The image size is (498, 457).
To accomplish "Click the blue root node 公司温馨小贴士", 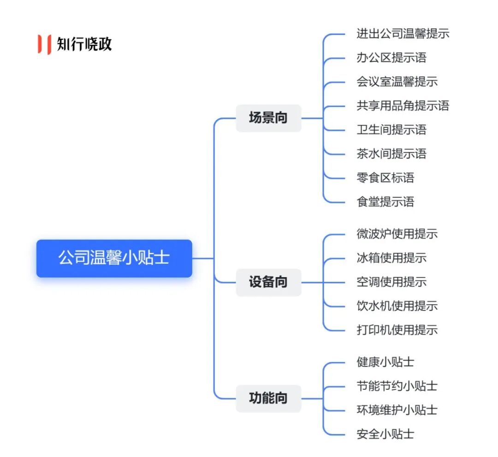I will (114, 258).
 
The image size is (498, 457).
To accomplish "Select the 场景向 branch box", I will (268, 118).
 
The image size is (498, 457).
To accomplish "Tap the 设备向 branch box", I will (268, 282).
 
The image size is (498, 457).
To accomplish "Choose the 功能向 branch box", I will (268, 398).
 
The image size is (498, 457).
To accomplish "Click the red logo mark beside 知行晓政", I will (44, 44).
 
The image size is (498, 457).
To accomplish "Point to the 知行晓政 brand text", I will (84, 44).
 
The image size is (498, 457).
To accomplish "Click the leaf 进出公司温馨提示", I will (403, 34).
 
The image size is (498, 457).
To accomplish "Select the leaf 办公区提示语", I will (391, 58).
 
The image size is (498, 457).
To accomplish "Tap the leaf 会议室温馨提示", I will (397, 82).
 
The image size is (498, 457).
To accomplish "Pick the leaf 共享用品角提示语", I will (403, 106).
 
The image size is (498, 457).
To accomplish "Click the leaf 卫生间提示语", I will (391, 130).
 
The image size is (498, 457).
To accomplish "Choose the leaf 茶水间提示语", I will (391, 154).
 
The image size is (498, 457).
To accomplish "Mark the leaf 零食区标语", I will (385, 178).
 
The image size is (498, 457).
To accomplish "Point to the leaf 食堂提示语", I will (385, 202).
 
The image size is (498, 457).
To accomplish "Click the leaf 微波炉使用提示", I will (397, 234).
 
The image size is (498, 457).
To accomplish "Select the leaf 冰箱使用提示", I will (391, 258).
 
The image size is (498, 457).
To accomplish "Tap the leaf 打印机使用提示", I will (397, 330).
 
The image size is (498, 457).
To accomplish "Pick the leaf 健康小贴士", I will (385, 362).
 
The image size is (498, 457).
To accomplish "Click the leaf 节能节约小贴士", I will (397, 386).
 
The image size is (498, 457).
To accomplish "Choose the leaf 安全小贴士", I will (385, 434).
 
